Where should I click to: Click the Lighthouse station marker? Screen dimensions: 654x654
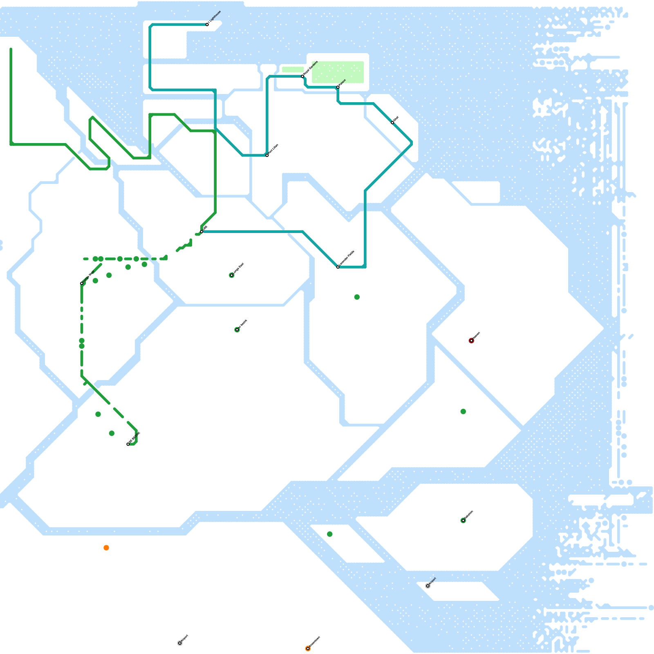[207, 25]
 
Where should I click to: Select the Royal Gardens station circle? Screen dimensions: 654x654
[302, 76]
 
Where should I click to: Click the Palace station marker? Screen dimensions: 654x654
[338, 87]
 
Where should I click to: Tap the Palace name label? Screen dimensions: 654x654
[343, 82]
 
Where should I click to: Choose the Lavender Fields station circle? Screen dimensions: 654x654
[338, 267]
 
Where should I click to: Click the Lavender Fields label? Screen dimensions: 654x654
[347, 258]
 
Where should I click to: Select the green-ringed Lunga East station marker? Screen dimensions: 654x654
[232, 275]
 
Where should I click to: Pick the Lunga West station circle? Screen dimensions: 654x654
[82, 283]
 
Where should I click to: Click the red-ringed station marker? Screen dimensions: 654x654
[471, 340]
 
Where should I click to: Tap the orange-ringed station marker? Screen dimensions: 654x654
[308, 649]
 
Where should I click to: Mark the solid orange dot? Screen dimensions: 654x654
[106, 548]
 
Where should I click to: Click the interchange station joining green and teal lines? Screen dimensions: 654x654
[202, 232]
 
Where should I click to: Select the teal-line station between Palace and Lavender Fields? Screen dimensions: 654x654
[392, 123]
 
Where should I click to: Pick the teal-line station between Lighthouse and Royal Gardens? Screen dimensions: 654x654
[267, 155]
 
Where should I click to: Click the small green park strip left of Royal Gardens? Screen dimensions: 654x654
[293, 69]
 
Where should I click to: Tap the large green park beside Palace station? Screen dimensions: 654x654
[338, 72]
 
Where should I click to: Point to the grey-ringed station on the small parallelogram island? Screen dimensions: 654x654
[428, 586]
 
